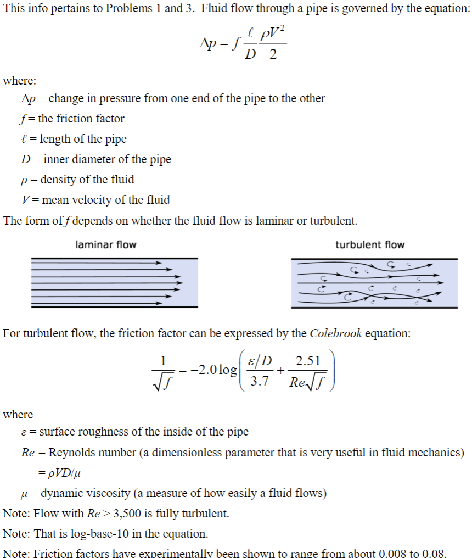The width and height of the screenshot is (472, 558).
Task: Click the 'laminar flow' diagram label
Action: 105,244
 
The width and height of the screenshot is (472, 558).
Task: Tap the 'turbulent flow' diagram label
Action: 370,244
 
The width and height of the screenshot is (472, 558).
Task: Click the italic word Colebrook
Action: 335,334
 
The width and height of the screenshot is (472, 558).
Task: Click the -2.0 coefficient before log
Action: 201,370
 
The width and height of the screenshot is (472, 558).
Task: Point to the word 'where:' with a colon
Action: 20,81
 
